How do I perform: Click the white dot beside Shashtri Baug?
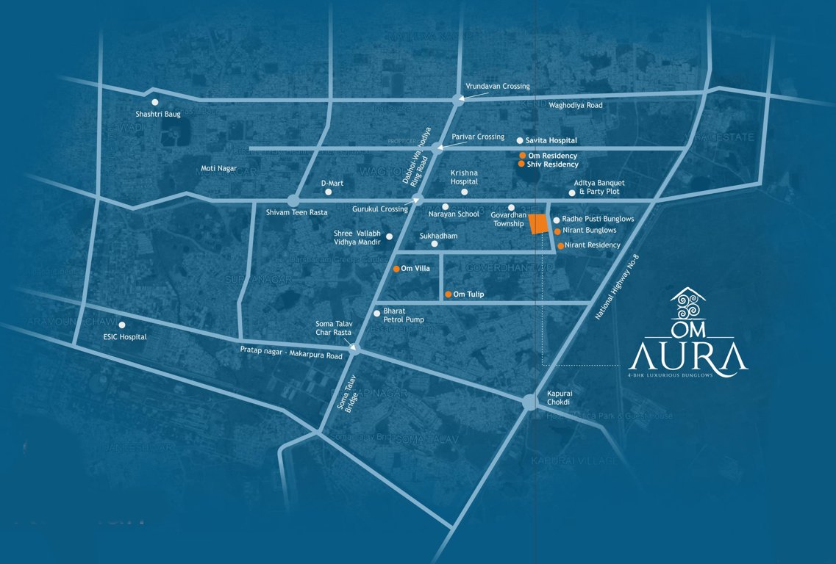coord(155,103)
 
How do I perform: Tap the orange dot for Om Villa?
coord(396,269)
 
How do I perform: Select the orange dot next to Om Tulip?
coord(449,294)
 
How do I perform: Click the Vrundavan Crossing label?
coord(498,86)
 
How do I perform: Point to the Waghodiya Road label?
coord(575,105)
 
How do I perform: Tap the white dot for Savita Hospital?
coord(520,140)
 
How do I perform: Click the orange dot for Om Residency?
coord(522,156)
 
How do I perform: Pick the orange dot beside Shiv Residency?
coord(521,164)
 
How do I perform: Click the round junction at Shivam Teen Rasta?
coord(293,200)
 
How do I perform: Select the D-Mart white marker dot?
coord(329,192)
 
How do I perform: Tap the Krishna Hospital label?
coord(464,177)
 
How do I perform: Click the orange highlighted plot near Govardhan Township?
coord(539,224)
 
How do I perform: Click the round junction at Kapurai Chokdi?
coord(529,402)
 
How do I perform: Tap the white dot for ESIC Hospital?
coord(122,325)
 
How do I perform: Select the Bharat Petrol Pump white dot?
coord(377,313)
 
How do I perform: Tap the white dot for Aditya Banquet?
coord(572,192)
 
